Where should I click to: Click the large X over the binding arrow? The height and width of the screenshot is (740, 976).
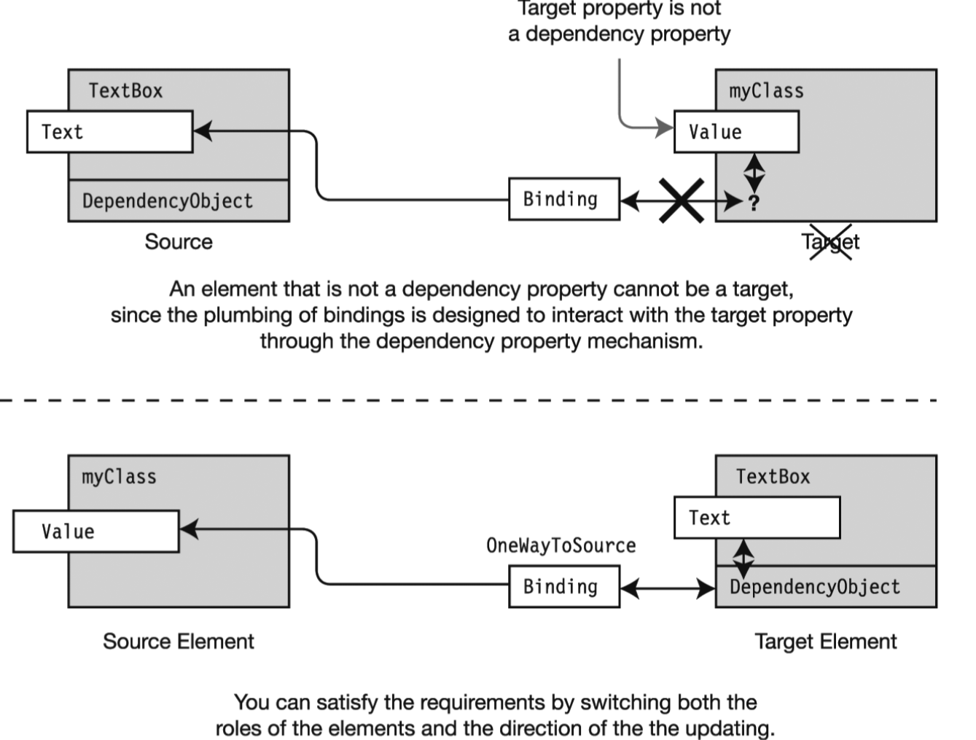(682, 200)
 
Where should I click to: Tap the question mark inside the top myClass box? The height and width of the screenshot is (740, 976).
(754, 203)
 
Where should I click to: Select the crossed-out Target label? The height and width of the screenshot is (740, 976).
(831, 242)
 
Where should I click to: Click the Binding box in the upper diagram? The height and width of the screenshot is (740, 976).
(564, 199)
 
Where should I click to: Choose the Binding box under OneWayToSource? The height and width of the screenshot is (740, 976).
(564, 587)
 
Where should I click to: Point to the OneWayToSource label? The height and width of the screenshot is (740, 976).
(561, 545)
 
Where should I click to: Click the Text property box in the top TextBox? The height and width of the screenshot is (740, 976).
(110, 132)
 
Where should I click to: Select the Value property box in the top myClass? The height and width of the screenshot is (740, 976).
(736, 132)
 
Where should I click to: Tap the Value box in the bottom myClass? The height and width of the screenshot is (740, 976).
(96, 531)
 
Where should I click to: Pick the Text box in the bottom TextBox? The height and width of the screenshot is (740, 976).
(757, 518)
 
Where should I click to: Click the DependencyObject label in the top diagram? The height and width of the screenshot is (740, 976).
(168, 201)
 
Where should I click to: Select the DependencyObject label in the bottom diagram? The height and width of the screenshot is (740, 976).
(815, 587)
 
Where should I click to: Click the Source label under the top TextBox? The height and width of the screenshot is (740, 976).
(179, 242)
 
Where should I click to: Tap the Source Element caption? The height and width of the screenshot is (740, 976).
(179, 642)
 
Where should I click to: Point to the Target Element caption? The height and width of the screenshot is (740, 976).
(826, 642)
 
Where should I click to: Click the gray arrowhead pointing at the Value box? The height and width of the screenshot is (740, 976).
(665, 128)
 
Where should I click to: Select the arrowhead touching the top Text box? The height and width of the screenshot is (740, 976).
(203, 131)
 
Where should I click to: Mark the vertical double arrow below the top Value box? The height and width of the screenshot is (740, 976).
(754, 174)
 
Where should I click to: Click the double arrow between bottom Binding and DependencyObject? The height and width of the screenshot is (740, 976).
(668, 588)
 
